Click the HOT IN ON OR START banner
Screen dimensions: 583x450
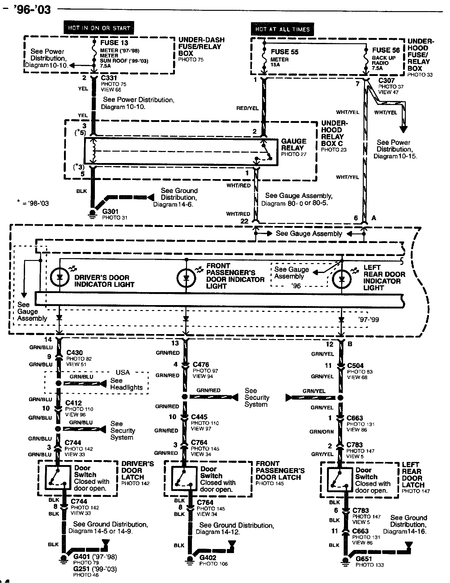[99, 28]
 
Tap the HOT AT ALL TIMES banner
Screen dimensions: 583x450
[282, 29]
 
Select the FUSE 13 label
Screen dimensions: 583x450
[114, 43]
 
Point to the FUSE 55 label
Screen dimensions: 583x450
[284, 52]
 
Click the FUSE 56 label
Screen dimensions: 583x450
[386, 50]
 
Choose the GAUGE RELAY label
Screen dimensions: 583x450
[293, 145]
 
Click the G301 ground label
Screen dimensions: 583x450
[110, 212]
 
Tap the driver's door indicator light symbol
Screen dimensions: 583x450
[60, 277]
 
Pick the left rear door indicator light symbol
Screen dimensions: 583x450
[342, 279]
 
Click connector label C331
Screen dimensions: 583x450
[109, 78]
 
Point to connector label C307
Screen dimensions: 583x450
[386, 81]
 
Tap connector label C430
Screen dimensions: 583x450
[74, 353]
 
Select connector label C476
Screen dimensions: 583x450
[201, 365]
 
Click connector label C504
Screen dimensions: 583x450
[355, 366]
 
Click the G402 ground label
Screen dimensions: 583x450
[208, 558]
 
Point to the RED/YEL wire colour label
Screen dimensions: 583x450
[247, 108]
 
